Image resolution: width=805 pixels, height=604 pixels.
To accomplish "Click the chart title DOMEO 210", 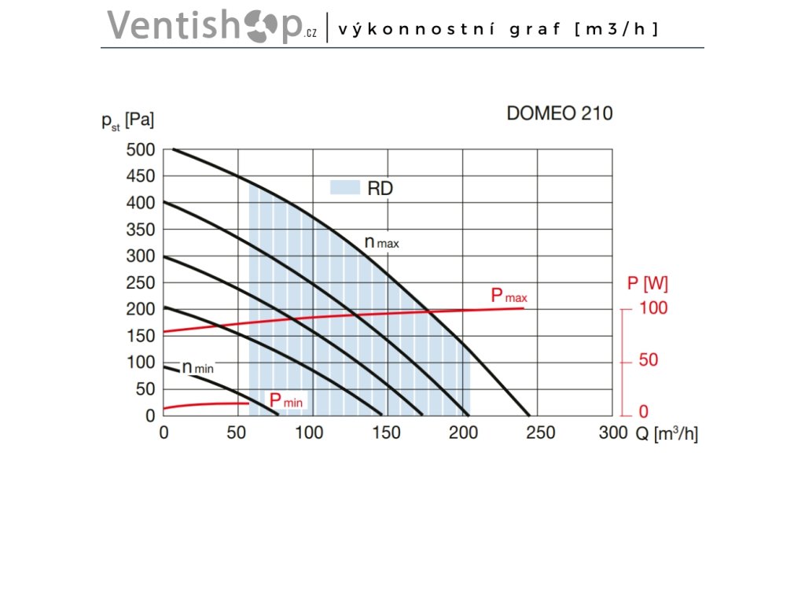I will tap(559, 113).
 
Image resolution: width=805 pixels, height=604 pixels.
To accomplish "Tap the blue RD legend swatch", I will tap(344, 188).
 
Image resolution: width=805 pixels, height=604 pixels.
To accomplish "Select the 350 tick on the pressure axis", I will tap(141, 230).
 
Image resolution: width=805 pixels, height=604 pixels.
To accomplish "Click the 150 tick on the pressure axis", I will tap(141, 336).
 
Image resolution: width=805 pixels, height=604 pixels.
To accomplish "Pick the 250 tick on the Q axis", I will tap(539, 432).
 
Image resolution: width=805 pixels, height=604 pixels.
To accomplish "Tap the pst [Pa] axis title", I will tap(127, 121).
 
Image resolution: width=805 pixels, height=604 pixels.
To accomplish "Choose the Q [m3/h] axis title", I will tap(667, 433).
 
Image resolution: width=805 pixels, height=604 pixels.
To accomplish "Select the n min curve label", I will tap(197, 367).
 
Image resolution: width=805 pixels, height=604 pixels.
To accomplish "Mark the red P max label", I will tap(509, 296).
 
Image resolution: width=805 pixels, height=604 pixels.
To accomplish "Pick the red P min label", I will tap(286, 401).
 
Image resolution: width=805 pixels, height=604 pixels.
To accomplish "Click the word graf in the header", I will tap(535, 29).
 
